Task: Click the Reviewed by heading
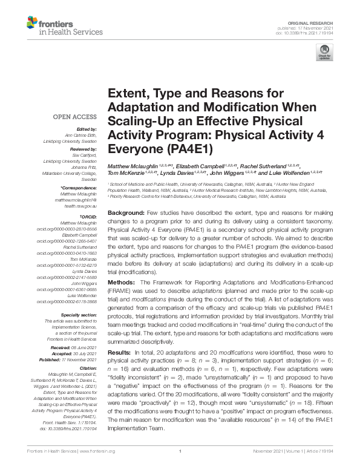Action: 82,149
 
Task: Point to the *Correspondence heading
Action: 79,188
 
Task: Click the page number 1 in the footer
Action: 180,468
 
